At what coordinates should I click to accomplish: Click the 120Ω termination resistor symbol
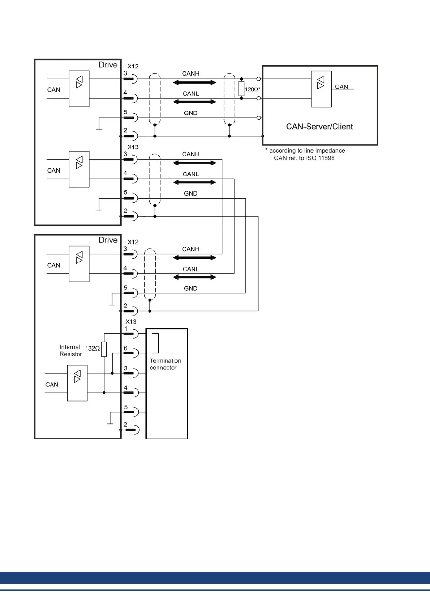241,89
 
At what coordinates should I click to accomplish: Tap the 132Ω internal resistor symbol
104,349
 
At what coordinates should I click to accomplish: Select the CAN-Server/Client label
319,127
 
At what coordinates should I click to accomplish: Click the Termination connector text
165,364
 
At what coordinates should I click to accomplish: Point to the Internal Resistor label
71,351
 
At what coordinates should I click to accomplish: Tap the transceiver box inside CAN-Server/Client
321,89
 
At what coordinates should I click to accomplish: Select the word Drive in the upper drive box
108,65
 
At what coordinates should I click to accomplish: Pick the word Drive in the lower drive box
108,240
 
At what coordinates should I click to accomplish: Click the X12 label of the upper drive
133,66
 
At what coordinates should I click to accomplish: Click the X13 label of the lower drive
131,322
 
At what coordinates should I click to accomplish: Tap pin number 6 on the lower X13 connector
126,348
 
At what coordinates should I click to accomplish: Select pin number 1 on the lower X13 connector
126,329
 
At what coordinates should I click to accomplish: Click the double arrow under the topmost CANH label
194,82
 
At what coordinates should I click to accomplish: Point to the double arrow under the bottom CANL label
194,277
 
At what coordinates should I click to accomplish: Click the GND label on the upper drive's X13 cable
190,194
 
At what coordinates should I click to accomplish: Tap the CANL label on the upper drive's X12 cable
191,94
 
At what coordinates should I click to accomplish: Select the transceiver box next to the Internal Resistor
77,383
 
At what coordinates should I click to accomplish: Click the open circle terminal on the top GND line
259,118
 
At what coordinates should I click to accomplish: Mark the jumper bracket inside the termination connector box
156,343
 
